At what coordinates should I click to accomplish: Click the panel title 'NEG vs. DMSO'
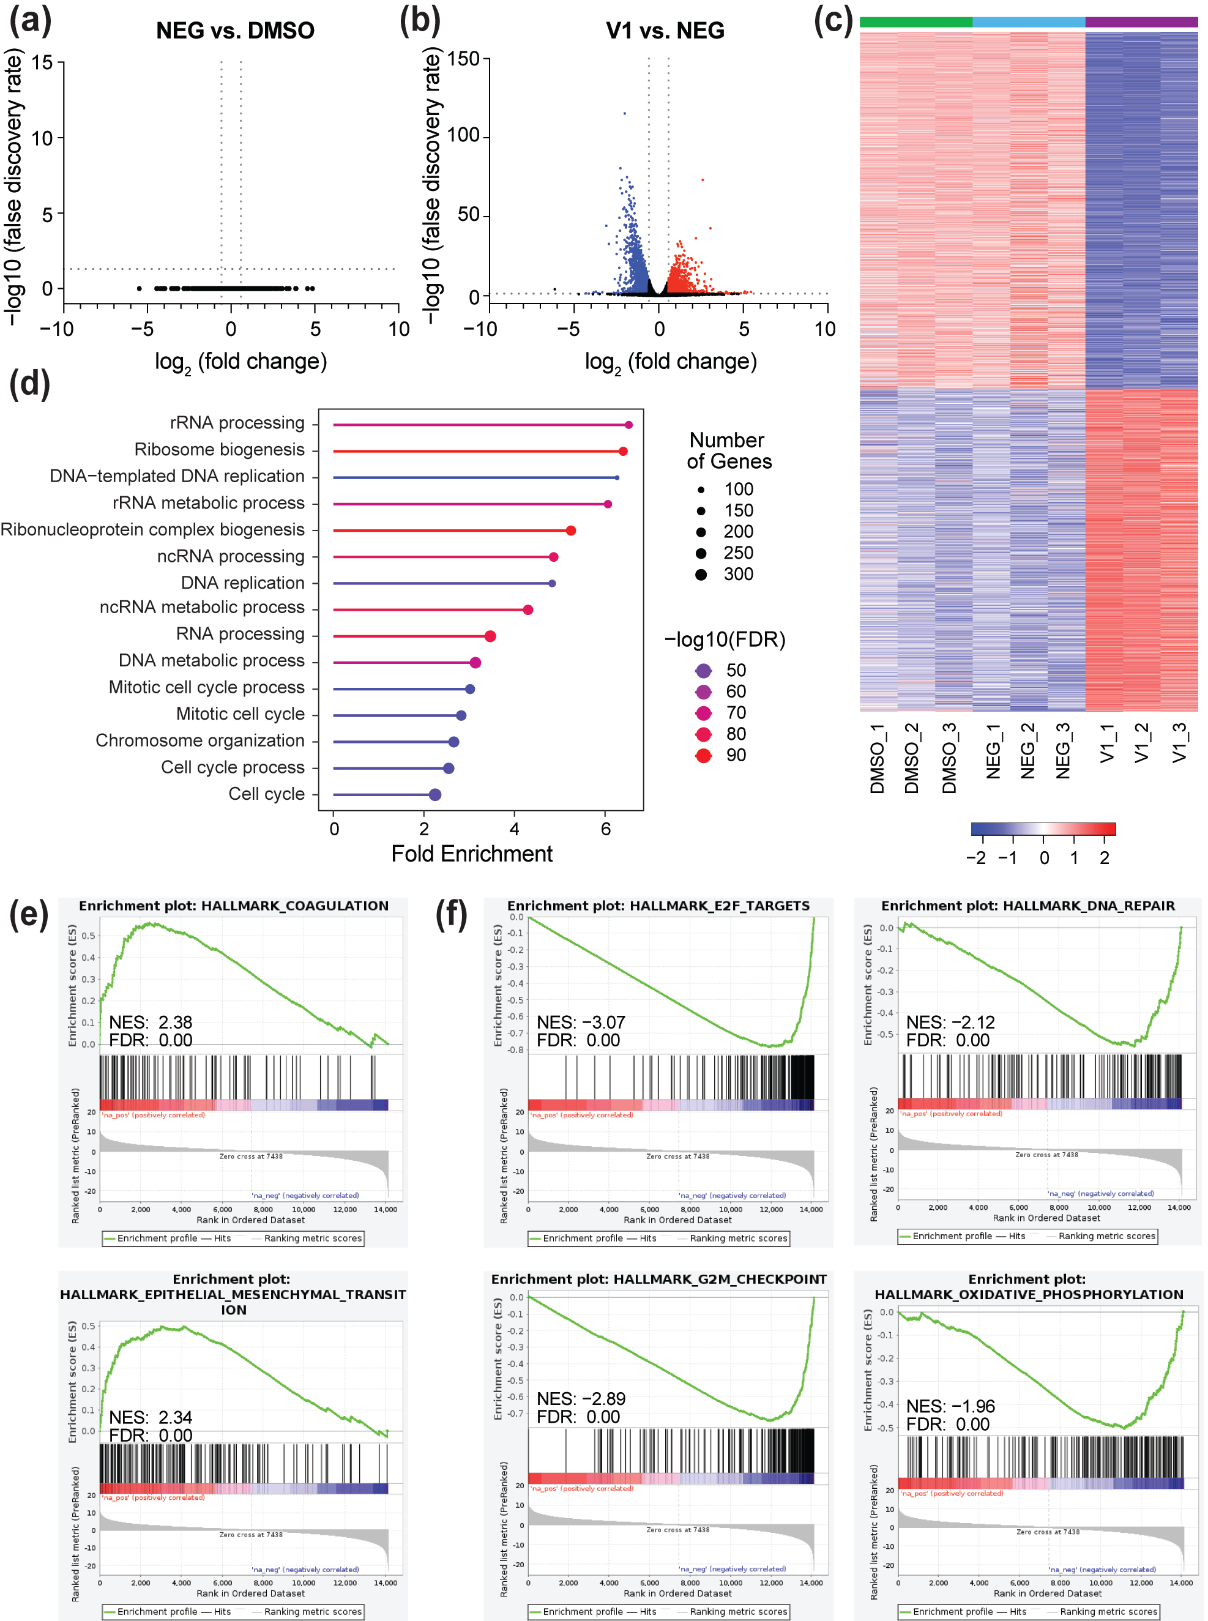235,30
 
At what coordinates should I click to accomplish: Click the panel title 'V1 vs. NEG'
665,30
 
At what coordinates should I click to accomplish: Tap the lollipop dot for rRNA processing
628,425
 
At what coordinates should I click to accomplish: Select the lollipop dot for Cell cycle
435,795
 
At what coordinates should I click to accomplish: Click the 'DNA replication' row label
243,583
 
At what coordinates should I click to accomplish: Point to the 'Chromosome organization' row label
199,740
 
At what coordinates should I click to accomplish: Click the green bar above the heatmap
915,22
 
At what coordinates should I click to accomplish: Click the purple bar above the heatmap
1141,22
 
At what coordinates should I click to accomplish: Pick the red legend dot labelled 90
704,755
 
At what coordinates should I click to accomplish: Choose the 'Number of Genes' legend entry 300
701,574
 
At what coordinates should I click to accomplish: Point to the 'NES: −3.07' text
581,1021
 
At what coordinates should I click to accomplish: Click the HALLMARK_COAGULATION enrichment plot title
233,905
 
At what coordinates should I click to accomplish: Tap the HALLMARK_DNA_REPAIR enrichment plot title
1027,905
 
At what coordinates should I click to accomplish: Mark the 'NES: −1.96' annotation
950,1406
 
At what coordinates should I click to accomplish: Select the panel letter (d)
29,383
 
